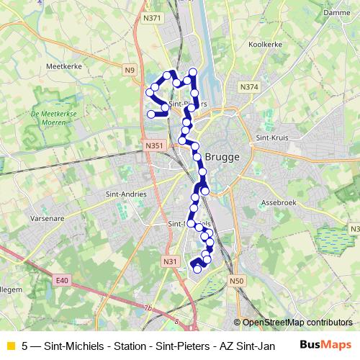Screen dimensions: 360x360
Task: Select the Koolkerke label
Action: pos(265,44)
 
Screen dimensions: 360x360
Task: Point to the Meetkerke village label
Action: pos(62,66)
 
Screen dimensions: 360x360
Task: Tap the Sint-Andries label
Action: pos(126,194)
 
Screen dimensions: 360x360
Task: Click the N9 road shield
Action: pos(129,70)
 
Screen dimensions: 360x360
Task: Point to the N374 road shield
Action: pos(249,87)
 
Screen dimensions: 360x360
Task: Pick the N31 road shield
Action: pos(169,261)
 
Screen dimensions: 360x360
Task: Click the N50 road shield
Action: pos(238,281)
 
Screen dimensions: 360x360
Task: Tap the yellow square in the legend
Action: pos(9,346)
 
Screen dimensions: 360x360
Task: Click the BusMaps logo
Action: pos(325,345)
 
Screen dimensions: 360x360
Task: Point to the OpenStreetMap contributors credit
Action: pos(297,323)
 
